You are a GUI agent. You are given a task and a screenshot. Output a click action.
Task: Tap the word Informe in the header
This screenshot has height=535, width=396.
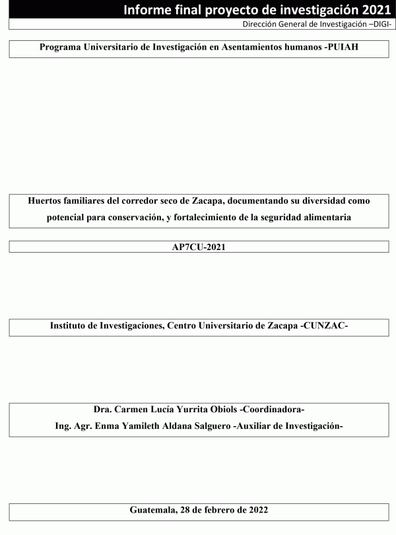coord(150,9)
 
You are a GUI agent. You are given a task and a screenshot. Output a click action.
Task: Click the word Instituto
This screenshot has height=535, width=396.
coord(71,326)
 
